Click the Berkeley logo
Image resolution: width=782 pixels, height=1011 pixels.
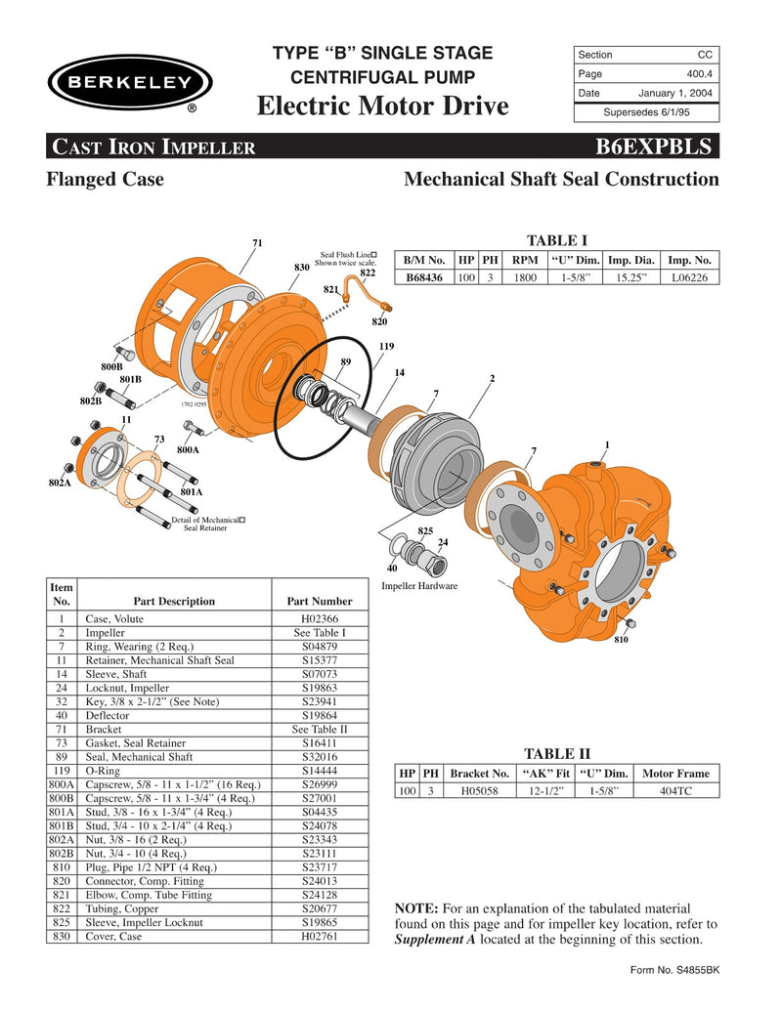click(x=125, y=83)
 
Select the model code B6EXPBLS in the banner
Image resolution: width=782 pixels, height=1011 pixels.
click(x=656, y=147)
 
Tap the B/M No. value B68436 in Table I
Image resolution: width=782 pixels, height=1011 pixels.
click(x=425, y=277)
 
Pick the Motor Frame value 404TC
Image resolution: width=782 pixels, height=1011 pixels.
click(x=675, y=791)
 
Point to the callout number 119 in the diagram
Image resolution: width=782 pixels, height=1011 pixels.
click(x=386, y=347)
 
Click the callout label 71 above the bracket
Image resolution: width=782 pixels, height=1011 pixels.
click(x=257, y=242)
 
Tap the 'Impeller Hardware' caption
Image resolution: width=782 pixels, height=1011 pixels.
click(x=418, y=586)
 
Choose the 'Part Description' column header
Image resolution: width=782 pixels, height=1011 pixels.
click(x=173, y=601)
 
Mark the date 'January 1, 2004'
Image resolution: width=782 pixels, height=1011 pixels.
click(x=675, y=93)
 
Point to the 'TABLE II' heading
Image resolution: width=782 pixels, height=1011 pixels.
click(x=557, y=754)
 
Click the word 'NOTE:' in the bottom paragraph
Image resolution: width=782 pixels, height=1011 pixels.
click(x=415, y=908)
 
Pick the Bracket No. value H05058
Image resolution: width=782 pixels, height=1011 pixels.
click(x=478, y=791)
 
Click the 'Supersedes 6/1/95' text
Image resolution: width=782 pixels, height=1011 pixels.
click(x=645, y=112)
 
